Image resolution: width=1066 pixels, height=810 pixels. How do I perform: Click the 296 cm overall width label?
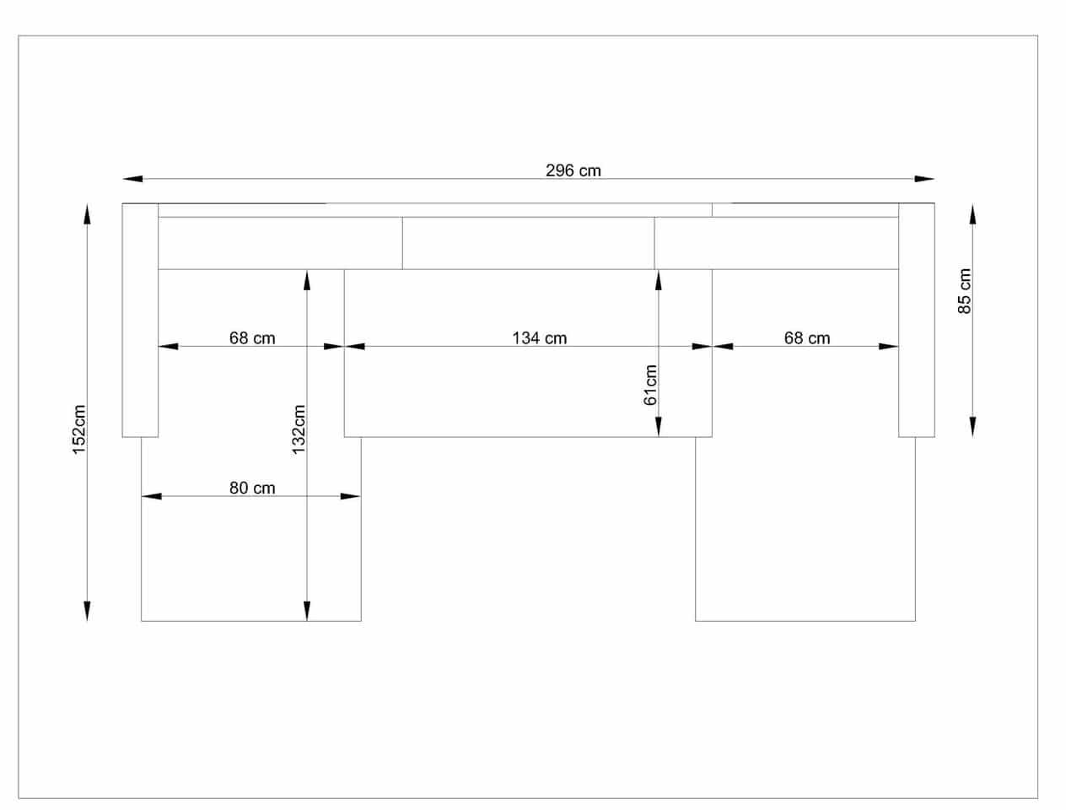pos(573,170)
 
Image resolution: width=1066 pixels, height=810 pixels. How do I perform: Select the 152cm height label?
pos(78,429)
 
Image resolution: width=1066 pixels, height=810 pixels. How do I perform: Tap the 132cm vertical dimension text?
pos(299,429)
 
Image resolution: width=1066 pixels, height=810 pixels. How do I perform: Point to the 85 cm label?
pos(965,291)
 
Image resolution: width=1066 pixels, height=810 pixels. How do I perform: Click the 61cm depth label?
pos(649,385)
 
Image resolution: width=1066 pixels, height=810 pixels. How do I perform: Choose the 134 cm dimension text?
pos(540,338)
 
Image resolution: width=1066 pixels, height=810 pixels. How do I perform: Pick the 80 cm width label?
pos(252,488)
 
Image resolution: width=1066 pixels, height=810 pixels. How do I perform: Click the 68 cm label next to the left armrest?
pos(252,338)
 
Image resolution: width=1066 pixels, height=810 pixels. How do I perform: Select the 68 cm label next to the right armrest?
pos(807,338)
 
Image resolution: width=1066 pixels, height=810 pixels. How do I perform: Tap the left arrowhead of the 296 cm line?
pos(132,179)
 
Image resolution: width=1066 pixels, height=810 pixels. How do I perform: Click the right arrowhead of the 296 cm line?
pos(924,179)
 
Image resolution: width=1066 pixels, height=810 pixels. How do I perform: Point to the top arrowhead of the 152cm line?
pos(87,214)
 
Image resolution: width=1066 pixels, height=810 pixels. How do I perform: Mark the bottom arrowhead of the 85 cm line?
pos(972,427)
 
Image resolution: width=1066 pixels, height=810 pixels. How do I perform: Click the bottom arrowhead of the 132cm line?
pos(307,611)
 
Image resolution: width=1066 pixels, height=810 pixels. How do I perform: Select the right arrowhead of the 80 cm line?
pos(351,496)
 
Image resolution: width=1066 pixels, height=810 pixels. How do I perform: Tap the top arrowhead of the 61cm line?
pos(659,280)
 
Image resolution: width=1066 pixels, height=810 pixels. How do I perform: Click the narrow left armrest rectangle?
pos(140,321)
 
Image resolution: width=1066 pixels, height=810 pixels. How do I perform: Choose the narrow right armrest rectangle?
pos(917,321)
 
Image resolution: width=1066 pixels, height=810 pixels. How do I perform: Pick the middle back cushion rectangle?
pos(529,243)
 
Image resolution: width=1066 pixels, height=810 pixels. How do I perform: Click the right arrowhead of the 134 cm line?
pos(703,347)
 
